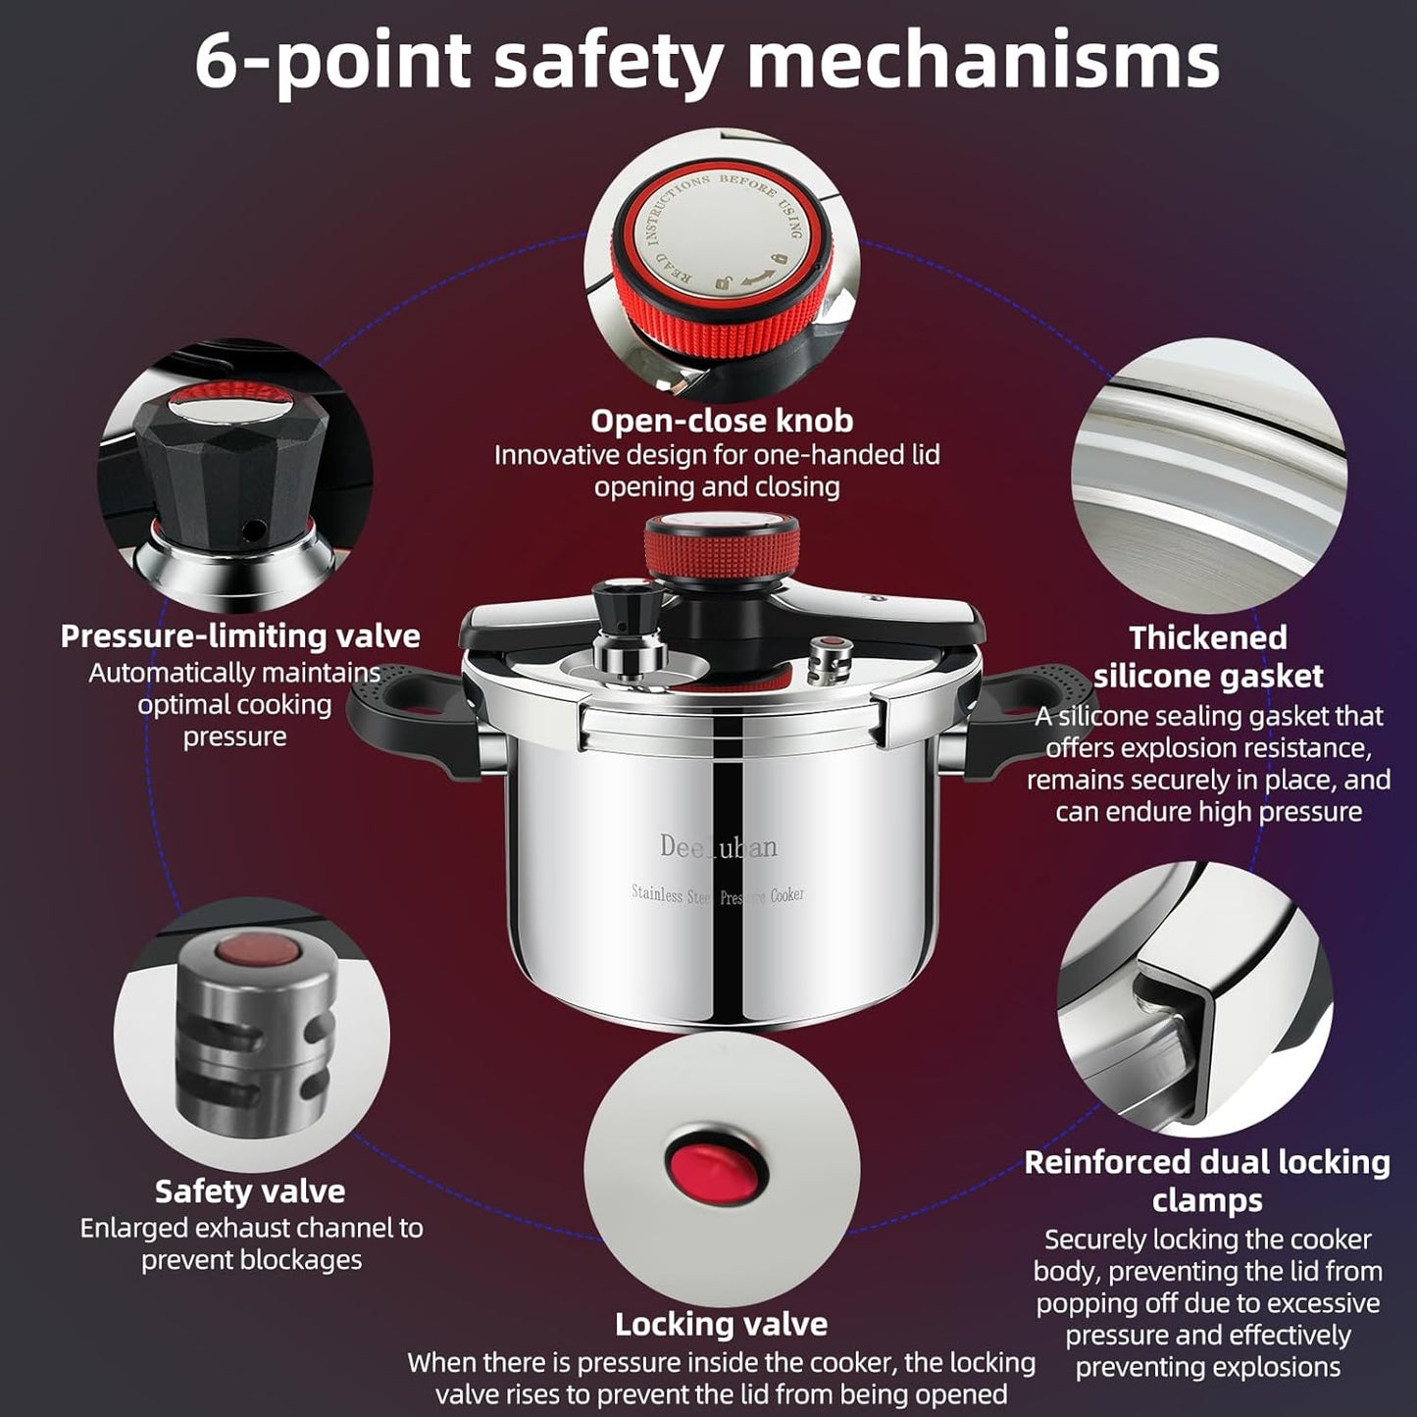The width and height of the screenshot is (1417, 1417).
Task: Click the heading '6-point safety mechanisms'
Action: tap(707, 61)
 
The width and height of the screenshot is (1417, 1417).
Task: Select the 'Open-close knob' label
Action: tap(721, 421)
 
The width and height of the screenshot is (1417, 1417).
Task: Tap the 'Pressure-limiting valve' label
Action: tap(240, 636)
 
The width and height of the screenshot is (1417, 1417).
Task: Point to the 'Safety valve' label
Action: tap(250, 1191)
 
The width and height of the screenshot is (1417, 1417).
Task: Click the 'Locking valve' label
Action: tap(721, 1325)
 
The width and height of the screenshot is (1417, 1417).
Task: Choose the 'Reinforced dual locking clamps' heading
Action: tap(1207, 1181)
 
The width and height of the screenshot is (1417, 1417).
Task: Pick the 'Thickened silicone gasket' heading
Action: tap(1208, 657)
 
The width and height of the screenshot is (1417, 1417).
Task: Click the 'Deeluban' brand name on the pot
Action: tap(718, 846)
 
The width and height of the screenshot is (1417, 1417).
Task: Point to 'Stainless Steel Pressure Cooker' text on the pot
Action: tap(718, 894)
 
